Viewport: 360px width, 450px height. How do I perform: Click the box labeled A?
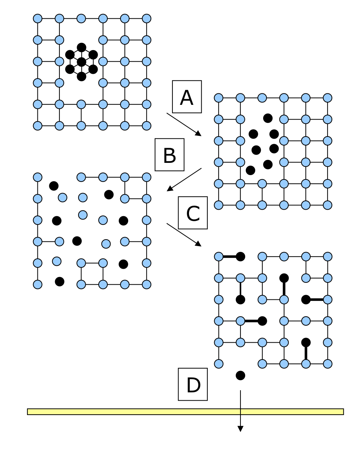[187, 97]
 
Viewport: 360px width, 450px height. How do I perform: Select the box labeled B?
[170, 155]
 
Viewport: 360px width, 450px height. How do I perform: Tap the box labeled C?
[193, 213]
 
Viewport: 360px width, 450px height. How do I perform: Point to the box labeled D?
[193, 384]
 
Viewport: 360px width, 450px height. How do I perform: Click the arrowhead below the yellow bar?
[240, 429]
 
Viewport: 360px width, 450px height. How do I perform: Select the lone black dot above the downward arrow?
[240, 375]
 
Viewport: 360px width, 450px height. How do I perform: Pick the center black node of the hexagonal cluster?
[82, 62]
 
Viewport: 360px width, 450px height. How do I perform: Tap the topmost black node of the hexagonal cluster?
[82, 47]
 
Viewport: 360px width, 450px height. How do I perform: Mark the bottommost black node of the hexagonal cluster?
[82, 76]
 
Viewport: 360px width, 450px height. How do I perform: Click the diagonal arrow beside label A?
[184, 124]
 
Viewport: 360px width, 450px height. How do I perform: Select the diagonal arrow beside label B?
[184, 179]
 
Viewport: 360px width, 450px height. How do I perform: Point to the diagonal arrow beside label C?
[184, 235]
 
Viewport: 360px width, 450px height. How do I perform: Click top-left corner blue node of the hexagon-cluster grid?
[38, 18]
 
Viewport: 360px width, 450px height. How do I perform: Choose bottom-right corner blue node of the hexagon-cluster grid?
[147, 126]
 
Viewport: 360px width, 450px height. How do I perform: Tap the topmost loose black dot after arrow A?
[268, 118]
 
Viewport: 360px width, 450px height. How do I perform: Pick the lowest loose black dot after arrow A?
[251, 170]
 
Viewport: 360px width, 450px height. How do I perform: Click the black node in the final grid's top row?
[240, 257]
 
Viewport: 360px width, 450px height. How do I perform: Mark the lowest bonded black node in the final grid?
[306, 342]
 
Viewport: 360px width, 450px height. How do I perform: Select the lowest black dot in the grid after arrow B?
[60, 281]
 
